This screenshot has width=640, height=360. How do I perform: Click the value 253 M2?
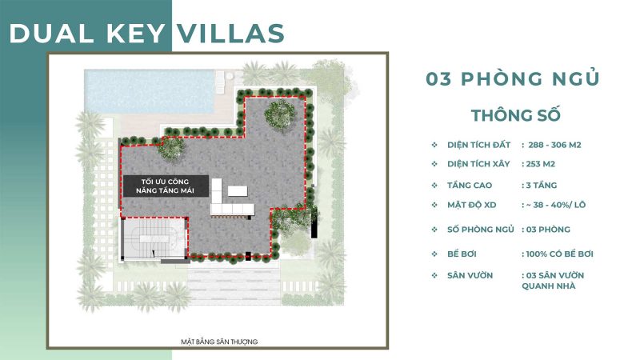(x=538, y=164)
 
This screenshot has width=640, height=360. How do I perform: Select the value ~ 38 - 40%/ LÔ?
(x=556, y=205)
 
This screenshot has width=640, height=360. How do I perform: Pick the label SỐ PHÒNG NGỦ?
(x=480, y=230)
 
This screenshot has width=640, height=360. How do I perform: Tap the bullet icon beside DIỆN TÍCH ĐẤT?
(x=434, y=145)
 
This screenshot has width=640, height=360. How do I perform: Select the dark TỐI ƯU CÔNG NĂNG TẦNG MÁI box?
(x=165, y=186)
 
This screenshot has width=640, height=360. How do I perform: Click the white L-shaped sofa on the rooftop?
(x=232, y=206)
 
